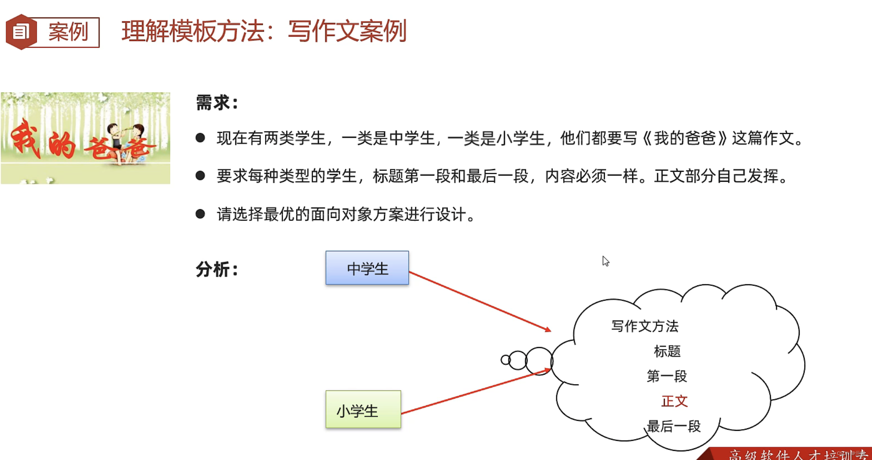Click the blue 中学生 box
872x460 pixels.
(x=367, y=268)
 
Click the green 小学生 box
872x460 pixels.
(x=363, y=410)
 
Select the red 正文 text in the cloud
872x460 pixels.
(x=674, y=401)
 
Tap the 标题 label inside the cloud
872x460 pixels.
(x=667, y=351)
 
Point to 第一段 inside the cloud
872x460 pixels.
(x=666, y=376)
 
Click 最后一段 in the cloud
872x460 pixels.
(x=673, y=426)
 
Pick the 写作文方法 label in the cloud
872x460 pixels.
(x=645, y=326)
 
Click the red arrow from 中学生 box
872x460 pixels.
(x=479, y=301)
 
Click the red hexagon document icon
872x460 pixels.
(x=21, y=32)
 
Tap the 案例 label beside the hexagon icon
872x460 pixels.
(x=68, y=32)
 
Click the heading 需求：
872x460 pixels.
(x=217, y=102)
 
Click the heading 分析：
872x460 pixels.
(x=217, y=270)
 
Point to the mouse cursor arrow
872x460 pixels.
(x=605, y=261)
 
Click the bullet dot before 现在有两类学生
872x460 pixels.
(x=200, y=138)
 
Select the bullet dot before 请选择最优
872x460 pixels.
(x=200, y=214)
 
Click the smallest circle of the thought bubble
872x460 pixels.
(x=505, y=360)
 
